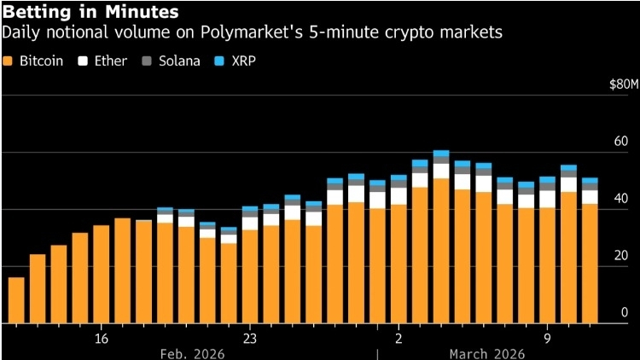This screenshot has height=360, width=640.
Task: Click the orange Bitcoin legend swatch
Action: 9,61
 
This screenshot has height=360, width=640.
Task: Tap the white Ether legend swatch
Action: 84,61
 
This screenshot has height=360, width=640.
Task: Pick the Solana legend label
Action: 177,61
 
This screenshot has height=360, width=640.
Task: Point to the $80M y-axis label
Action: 622,84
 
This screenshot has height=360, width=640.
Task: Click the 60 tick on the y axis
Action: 622,142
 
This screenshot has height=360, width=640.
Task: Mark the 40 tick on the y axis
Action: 622,199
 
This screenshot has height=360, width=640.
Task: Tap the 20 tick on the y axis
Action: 622,256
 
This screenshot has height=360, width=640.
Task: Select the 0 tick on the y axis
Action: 625,313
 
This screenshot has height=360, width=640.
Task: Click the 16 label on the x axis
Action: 102,339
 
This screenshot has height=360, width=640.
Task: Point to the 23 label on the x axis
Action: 250,339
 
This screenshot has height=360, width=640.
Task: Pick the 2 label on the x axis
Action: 399,339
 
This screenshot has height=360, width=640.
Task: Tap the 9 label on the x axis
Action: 547,339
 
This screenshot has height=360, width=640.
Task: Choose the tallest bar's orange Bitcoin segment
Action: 441,251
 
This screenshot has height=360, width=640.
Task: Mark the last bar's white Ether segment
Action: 590,197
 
